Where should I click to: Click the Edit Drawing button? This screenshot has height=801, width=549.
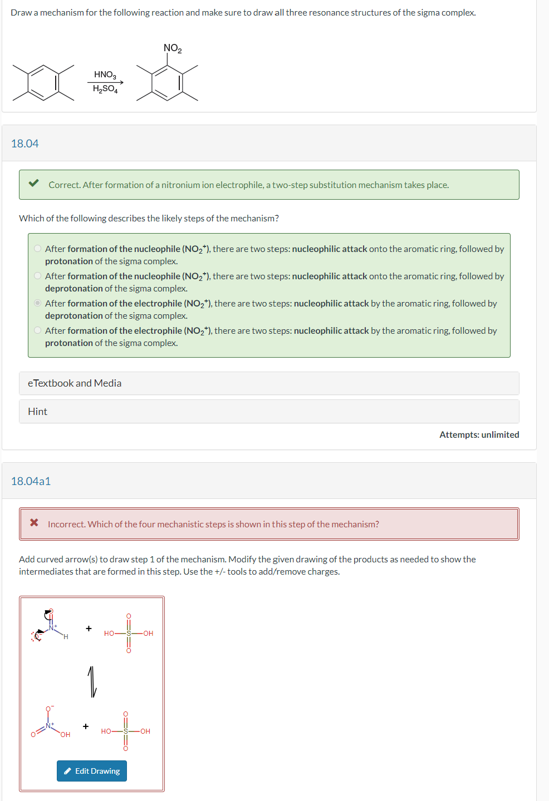pos(92,771)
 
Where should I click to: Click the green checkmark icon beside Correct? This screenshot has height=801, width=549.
pos(34,183)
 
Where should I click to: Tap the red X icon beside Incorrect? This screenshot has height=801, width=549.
pos(34,522)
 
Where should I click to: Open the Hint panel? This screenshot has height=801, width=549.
pos(38,412)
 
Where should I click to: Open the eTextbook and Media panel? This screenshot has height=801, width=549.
pos(75,383)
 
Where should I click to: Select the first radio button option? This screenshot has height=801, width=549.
pos(37,249)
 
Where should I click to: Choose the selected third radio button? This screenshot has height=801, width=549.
pos(37,303)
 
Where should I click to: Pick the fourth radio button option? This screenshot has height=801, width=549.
pos(37,330)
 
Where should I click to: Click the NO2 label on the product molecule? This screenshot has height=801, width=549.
pos(172,48)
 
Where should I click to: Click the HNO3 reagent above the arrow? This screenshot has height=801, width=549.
pos(105,75)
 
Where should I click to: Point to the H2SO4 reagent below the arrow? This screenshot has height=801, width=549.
pos(105,89)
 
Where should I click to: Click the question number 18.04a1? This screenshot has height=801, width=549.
pos(31,481)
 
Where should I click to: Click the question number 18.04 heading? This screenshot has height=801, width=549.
pos(25,144)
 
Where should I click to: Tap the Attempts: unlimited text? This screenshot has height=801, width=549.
pos(479,434)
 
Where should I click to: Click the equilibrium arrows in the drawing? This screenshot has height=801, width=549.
pos(92,681)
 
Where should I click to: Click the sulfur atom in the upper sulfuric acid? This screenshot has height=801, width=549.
pos(129,634)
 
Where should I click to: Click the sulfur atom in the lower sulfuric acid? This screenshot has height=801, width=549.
pos(126,731)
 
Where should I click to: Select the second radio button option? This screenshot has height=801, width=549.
pos(37,276)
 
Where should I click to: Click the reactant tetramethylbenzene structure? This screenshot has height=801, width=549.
pos(43,82)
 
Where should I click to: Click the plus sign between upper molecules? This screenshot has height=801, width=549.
pos(89,629)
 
